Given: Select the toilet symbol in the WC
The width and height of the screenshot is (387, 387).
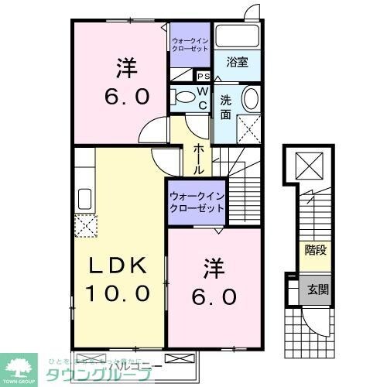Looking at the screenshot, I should pyautogui.click(x=184, y=98).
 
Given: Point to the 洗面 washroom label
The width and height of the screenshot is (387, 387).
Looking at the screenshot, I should pyautogui.click(x=226, y=107).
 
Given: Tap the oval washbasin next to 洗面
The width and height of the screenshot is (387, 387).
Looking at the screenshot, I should pyautogui.click(x=252, y=99).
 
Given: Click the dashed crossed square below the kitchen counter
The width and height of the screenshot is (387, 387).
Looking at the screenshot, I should pyautogui.click(x=84, y=225).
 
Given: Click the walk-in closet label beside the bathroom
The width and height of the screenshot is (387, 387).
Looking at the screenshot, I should pyautogui.click(x=190, y=43).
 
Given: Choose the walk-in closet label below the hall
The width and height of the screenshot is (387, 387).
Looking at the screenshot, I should pyautogui.click(x=196, y=202).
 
